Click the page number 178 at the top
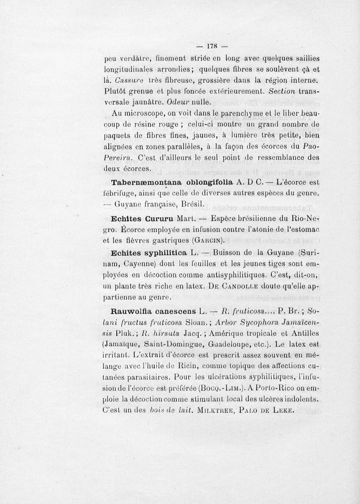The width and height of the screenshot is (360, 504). click(211, 45)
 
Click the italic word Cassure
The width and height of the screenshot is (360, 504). click(129, 80)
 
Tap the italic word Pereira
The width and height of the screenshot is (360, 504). click(117, 157)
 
